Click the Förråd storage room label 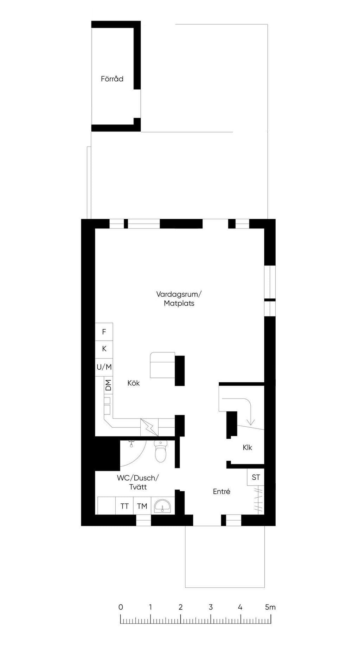coord(112,79)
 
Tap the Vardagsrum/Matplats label coord(179,298)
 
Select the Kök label coord(134,383)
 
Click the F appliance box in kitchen coord(104,332)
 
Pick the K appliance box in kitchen coord(104,349)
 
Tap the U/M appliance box coord(104,367)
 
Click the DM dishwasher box coord(108,385)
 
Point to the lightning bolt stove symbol coord(149,427)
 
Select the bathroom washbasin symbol coord(163,506)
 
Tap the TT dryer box coord(124,506)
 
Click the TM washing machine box coord(142,506)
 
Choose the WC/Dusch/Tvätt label coord(138,482)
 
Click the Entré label coord(221,492)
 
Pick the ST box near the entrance coord(256,477)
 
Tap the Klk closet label coord(247,448)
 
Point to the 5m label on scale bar coord(270,607)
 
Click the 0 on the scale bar coord(121,607)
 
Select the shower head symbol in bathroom coord(131,444)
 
